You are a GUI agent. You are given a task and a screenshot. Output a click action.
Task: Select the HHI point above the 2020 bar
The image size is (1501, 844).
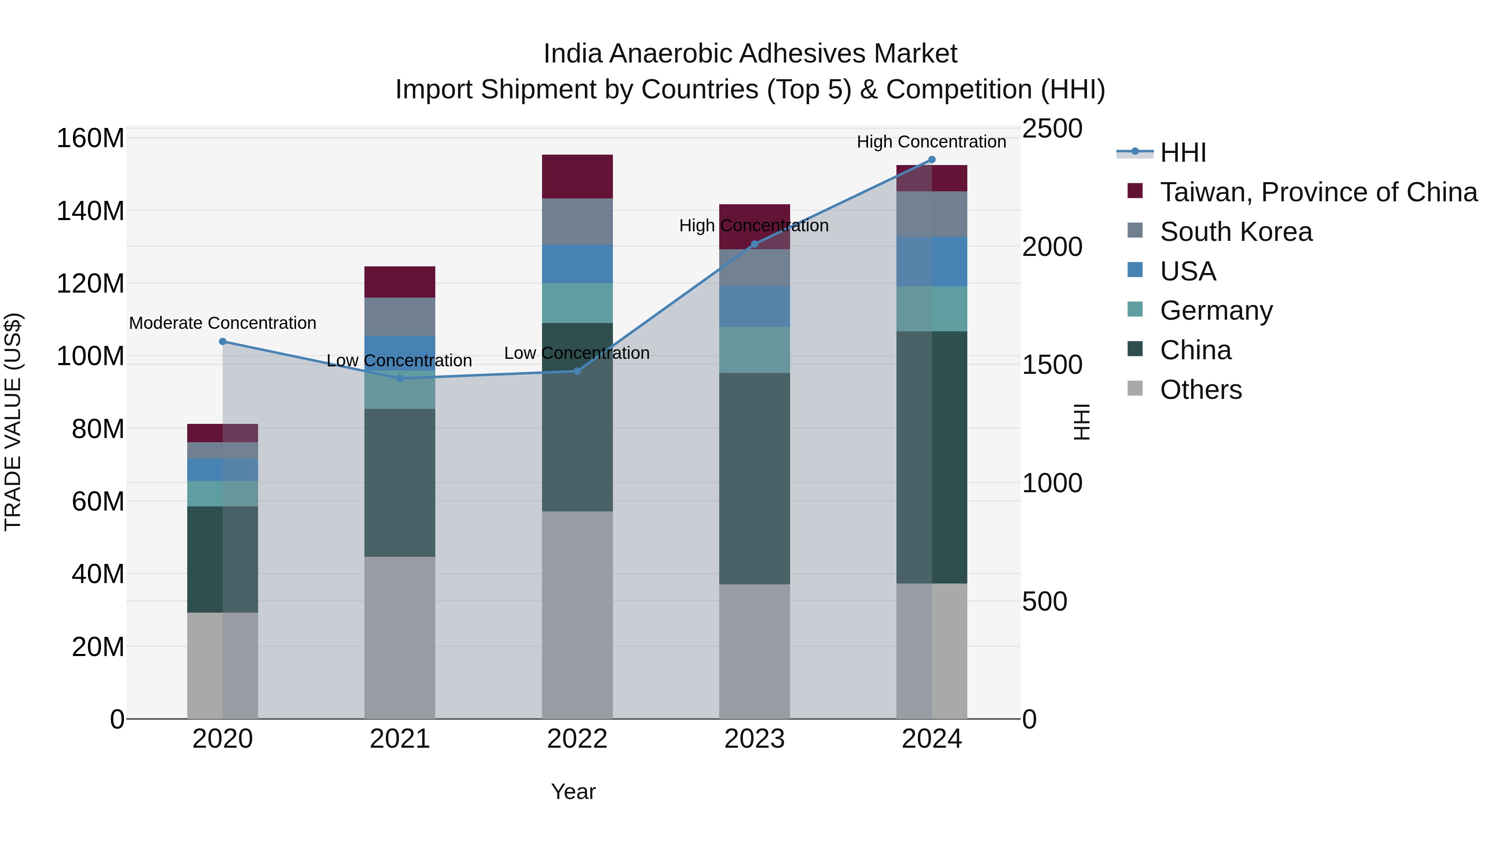(223, 342)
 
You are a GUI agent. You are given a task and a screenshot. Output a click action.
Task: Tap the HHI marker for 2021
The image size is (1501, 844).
(400, 378)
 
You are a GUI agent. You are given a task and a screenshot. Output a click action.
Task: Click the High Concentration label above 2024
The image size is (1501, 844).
(931, 142)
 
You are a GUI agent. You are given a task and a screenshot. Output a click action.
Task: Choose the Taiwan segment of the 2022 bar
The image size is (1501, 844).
(577, 176)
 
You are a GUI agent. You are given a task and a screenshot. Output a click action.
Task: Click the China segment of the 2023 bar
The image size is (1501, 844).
(754, 479)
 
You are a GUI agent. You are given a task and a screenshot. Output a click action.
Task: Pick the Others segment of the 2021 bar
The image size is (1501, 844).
(400, 637)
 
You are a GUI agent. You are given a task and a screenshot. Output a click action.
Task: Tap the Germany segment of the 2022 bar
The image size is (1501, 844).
(577, 303)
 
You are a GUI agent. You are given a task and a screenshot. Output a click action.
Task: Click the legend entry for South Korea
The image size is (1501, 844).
(1236, 232)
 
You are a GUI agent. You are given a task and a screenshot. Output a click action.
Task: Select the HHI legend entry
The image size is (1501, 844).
(1183, 153)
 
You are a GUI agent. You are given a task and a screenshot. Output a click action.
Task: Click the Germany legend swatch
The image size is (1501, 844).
(1135, 309)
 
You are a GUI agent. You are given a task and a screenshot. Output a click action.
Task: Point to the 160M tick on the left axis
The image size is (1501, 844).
(90, 139)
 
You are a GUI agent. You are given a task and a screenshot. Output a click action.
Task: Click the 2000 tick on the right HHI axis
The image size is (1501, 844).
(1052, 247)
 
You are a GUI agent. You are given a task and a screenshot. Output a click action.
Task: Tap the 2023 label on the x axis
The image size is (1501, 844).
(754, 739)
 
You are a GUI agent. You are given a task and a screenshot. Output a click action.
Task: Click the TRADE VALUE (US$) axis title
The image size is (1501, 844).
(13, 422)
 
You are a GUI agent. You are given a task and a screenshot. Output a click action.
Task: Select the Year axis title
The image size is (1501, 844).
(573, 791)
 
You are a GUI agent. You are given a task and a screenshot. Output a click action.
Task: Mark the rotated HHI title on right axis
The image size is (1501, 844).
(1082, 422)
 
